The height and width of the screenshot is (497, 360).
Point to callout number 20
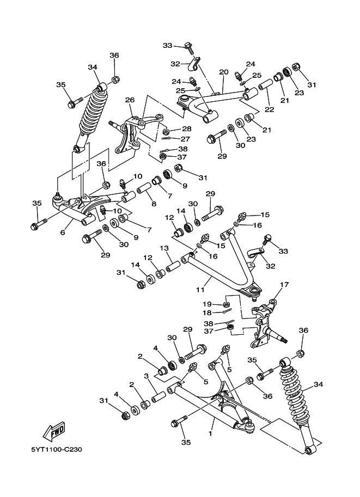tap(223, 72)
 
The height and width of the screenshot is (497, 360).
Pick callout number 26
tap(129, 100)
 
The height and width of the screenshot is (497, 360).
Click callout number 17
tap(284, 285)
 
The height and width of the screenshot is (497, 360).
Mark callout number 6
tap(63, 232)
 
